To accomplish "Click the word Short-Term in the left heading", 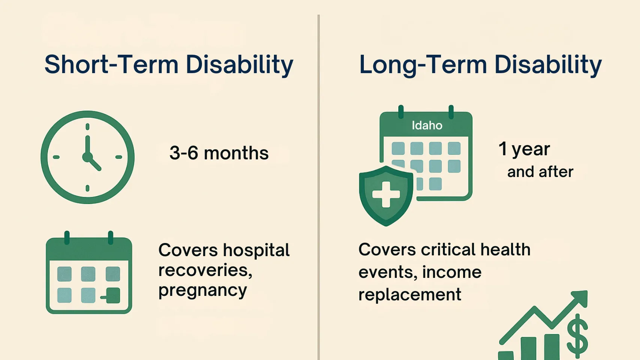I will click(x=111, y=64).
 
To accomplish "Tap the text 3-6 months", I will click(x=219, y=153).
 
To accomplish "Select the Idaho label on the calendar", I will click(x=427, y=125).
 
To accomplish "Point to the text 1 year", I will click(x=524, y=149).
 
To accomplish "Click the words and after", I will click(x=540, y=172).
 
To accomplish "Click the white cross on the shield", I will click(x=386, y=194).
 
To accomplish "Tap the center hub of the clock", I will click(x=87, y=157).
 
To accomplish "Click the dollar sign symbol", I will click(x=577, y=336).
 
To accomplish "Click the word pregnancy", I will click(x=202, y=290).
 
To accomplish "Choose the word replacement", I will click(x=410, y=295).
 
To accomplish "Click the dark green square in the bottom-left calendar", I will click(x=113, y=295).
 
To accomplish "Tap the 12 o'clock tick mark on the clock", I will click(x=87, y=127).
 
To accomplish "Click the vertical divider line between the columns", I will click(x=319, y=187).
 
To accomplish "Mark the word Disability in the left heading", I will click(x=239, y=64).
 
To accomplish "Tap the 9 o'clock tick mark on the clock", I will click(x=56, y=157).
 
